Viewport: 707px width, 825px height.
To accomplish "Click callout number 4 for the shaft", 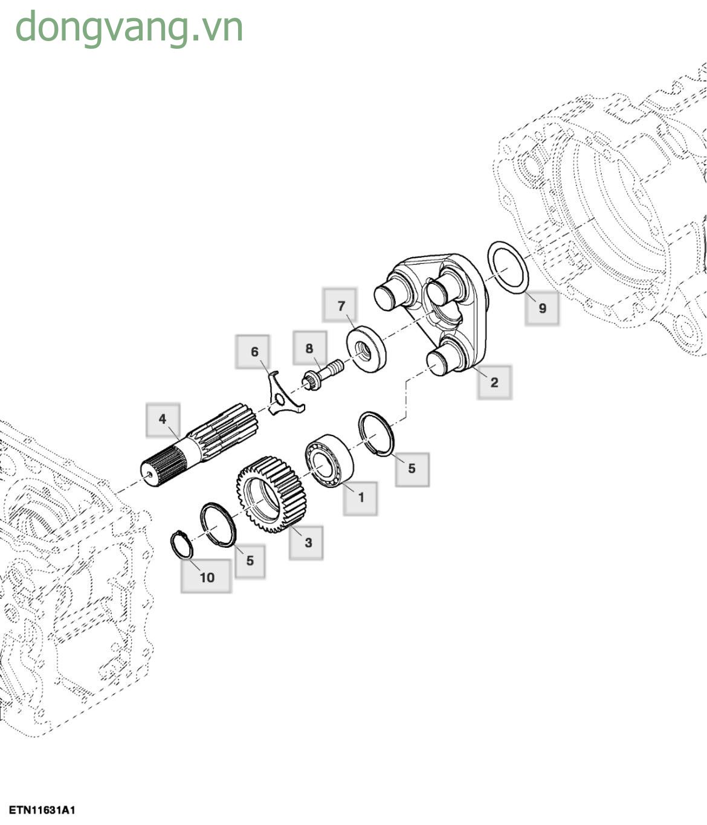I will point(163,420).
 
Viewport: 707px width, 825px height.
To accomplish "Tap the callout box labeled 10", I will point(207,577).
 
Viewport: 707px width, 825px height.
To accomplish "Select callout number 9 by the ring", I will point(541,308).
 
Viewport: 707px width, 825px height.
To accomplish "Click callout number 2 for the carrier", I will point(494,382).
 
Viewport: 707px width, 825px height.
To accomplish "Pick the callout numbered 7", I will point(341,306).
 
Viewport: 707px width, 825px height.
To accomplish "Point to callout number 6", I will point(254,352).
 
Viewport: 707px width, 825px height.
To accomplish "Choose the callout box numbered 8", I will point(309,348).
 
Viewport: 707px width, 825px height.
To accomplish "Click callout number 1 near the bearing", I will point(361,498).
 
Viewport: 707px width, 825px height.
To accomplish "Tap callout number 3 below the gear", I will point(308,542).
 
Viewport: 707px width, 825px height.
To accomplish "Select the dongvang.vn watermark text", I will point(129,28).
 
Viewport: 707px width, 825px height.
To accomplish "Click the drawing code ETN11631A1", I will point(42,810).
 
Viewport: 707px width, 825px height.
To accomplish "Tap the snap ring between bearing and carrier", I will point(376,434).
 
